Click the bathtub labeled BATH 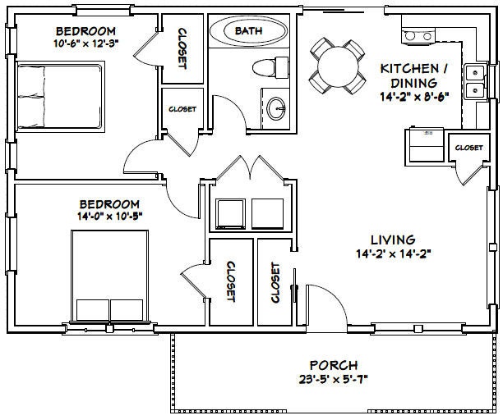(x=249, y=31)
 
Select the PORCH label (x=334, y=364)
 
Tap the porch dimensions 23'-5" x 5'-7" (x=334, y=379)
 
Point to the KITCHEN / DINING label (x=413, y=76)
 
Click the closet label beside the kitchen (x=468, y=148)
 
